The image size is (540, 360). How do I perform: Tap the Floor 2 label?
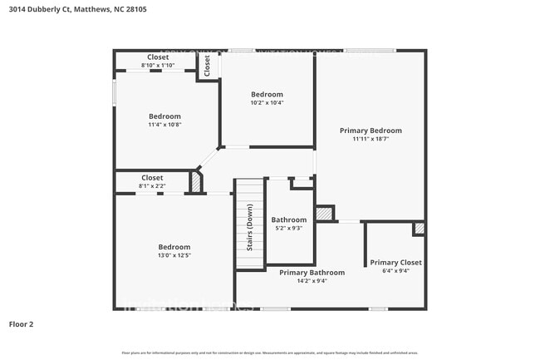tap(22, 323)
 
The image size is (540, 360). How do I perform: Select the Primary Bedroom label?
tap(371, 131)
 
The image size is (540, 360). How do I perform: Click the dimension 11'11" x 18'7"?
tap(371, 139)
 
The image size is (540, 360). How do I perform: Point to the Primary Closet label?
tap(395, 262)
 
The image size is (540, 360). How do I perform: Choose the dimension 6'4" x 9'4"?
tap(395, 270)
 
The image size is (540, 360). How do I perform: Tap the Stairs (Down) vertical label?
tap(249, 227)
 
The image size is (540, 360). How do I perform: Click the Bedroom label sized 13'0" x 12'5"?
tap(174, 247)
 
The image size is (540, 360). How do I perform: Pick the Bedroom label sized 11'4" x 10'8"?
tap(164, 116)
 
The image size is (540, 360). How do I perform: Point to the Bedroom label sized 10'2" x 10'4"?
tap(267, 95)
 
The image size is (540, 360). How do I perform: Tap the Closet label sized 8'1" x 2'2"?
tap(152, 178)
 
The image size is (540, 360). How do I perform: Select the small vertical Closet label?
tap(207, 66)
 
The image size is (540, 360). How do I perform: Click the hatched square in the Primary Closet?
tap(419, 228)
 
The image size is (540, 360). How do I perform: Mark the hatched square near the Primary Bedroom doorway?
tap(325, 214)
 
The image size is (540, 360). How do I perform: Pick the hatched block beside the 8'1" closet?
tap(196, 182)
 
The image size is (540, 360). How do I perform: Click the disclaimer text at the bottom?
tap(270, 353)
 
